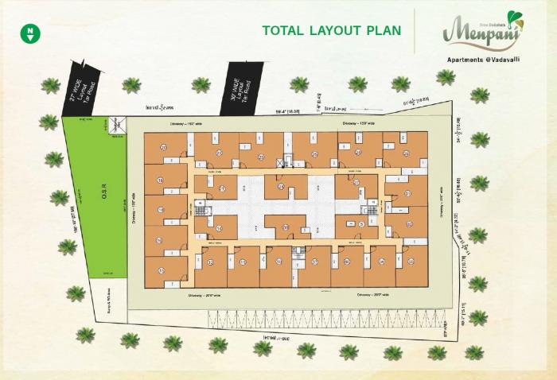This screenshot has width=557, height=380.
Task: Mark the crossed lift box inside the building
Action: (x=280, y=163)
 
